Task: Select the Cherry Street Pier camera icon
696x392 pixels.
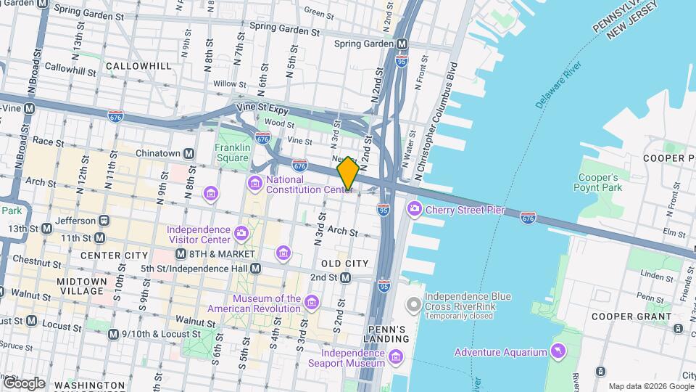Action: [x=415, y=209]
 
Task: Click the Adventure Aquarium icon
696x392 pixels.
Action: [x=558, y=352]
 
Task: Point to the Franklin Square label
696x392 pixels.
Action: [x=232, y=152]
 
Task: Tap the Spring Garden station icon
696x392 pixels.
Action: [x=401, y=44]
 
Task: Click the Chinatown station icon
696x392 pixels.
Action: [x=188, y=153]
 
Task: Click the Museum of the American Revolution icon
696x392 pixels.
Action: [x=312, y=302]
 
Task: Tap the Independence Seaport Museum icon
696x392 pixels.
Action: [x=396, y=356]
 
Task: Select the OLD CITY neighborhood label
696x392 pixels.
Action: [x=340, y=262]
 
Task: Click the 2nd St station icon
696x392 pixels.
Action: [x=345, y=277]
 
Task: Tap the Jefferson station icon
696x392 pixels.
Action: [x=104, y=220]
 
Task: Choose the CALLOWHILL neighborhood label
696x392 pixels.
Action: [x=138, y=66]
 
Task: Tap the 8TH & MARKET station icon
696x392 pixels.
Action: [x=181, y=254]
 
